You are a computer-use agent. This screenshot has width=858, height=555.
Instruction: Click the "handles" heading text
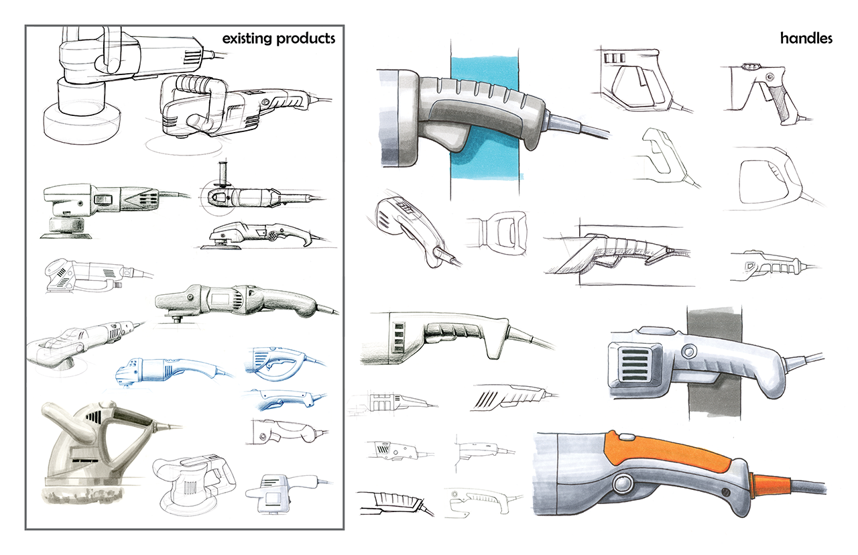coord(806,38)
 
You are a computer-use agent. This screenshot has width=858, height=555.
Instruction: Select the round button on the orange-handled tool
coord(622,483)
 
